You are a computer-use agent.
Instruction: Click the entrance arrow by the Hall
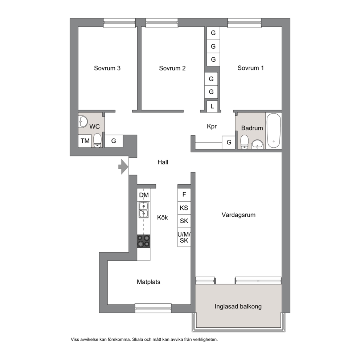click(x=123, y=167)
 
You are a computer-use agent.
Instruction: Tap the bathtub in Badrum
click(x=273, y=130)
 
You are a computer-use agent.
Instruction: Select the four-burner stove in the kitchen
click(x=144, y=241)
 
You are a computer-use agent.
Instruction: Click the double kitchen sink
click(x=143, y=210)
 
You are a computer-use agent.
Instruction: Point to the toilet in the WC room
click(x=98, y=140)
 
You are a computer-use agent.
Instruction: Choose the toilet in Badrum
click(x=244, y=142)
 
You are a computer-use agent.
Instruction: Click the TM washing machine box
click(x=85, y=140)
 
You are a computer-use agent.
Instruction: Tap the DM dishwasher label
click(x=144, y=195)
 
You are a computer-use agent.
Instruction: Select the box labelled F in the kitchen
click(x=184, y=195)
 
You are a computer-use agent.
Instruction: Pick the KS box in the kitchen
click(x=184, y=208)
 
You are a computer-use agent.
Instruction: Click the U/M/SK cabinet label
click(x=184, y=237)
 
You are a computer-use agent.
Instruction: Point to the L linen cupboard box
click(x=212, y=106)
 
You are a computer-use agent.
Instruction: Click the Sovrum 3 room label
click(x=107, y=68)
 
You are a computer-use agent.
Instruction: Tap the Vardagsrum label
click(x=238, y=215)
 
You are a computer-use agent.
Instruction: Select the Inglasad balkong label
click(x=238, y=306)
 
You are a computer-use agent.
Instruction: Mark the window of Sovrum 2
click(x=162, y=22)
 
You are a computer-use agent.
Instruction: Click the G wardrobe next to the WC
click(x=114, y=141)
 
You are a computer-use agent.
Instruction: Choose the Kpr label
click(x=212, y=126)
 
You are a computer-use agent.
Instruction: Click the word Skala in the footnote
click(x=137, y=339)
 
